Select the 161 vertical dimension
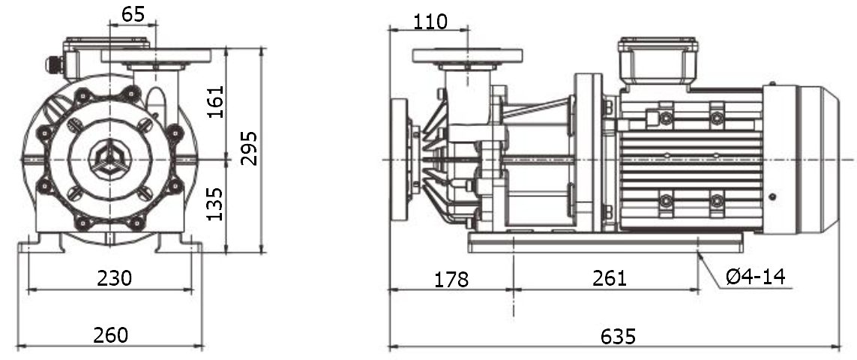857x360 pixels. tap(216, 103)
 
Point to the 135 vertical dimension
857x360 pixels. tap(216, 205)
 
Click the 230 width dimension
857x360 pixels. tap(114, 277)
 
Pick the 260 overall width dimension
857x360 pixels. tap(110, 334)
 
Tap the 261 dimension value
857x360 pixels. tap(609, 277)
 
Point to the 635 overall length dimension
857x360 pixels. tap(618, 336)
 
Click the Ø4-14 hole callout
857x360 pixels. tap(755, 277)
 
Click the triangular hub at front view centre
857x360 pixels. tap(109, 158)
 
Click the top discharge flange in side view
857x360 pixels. tap(467, 55)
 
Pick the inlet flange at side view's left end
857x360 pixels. tap(399, 159)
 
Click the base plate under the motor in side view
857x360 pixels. tap(604, 241)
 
